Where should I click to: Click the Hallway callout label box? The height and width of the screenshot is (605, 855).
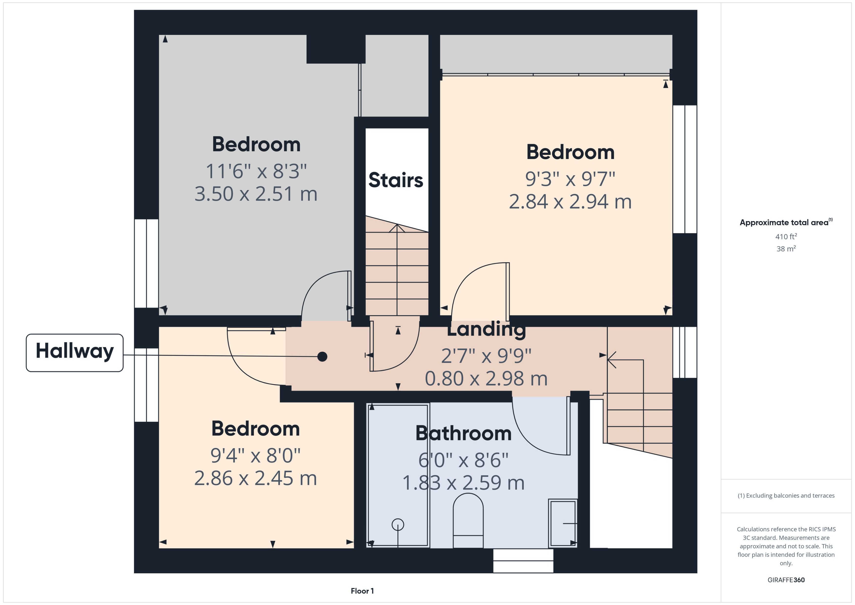click(75, 352)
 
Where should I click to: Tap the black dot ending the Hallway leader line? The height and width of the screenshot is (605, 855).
click(322, 357)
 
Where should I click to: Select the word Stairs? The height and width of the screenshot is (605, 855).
click(396, 180)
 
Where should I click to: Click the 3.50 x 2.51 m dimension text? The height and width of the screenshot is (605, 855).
click(256, 194)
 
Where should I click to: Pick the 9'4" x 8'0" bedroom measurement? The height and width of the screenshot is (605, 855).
click(256, 455)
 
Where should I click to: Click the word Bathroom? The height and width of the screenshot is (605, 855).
click(463, 433)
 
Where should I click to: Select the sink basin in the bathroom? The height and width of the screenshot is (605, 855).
click(563, 523)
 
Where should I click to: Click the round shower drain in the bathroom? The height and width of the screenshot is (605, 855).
click(398, 525)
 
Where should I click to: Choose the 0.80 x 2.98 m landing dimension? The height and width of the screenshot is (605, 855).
click(486, 379)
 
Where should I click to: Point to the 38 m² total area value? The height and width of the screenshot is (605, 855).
click(786, 248)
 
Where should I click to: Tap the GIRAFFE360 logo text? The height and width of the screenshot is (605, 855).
click(786, 580)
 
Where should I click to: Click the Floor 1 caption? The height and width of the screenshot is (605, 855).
click(362, 591)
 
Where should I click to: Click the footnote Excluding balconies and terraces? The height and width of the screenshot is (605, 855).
click(786, 496)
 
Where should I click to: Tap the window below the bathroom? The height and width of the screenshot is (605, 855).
click(523, 561)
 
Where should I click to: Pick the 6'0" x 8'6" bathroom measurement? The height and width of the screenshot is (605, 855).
click(463, 460)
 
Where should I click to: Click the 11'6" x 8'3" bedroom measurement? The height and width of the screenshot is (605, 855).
click(256, 171)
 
